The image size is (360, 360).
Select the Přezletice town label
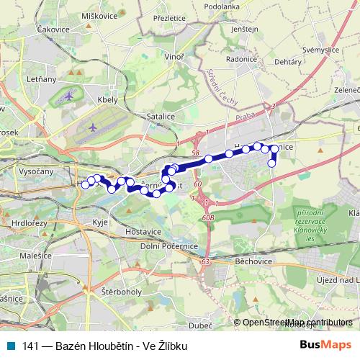tap(170, 17)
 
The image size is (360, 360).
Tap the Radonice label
tap(241, 60)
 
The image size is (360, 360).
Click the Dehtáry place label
tap(288, 63)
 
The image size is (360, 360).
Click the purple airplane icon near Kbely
tap(68, 95)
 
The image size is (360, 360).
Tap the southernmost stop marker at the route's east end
tap(272, 163)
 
